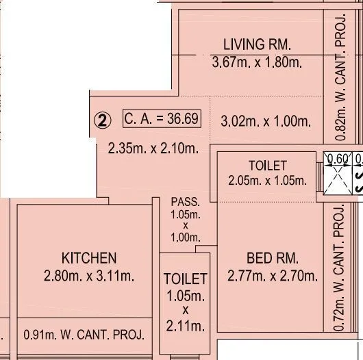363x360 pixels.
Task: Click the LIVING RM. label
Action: point(257,44)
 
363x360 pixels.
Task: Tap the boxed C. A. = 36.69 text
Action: point(162,118)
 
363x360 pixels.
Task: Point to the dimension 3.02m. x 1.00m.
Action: point(266,122)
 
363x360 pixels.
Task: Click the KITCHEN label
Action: point(89,258)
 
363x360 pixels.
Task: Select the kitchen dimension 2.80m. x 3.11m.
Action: point(89,277)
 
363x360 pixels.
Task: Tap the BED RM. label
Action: point(272,258)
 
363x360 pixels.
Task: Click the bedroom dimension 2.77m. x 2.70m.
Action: point(272,277)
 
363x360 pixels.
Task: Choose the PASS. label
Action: point(185,202)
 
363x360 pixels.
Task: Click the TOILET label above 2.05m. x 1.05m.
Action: point(267,166)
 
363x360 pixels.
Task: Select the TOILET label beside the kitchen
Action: point(185,279)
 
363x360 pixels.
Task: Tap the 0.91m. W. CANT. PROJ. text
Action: point(84,335)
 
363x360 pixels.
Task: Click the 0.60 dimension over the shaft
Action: point(337,159)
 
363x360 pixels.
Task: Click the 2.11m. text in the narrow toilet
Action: point(185,326)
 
